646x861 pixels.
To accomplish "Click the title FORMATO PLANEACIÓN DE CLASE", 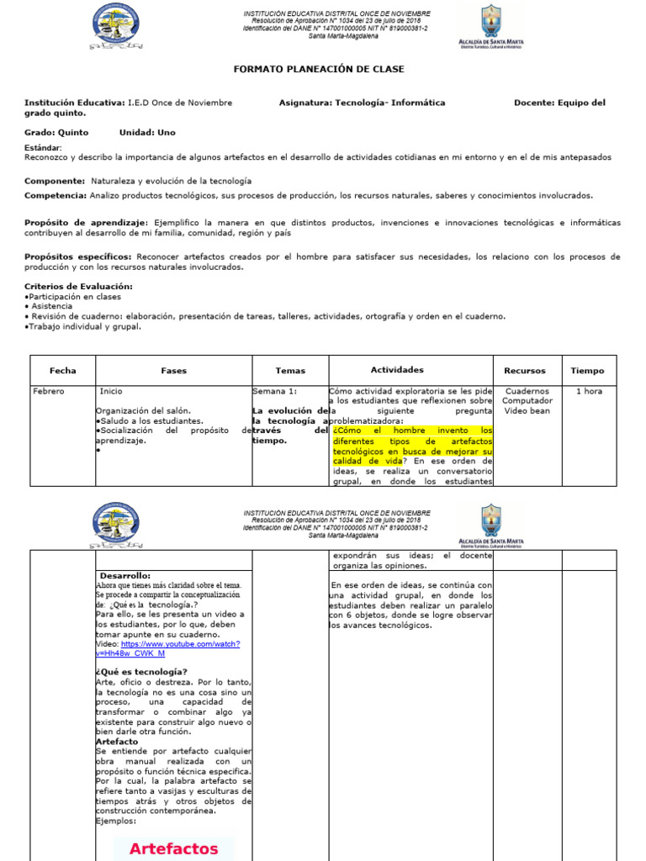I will (x=319, y=69).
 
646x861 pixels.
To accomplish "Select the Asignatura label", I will (x=305, y=103).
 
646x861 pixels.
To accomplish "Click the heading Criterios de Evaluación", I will (x=78, y=286).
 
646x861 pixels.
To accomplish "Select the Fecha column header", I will (x=62, y=370).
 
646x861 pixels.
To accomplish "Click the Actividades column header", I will (x=397, y=370).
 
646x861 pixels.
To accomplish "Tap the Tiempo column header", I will (x=587, y=370).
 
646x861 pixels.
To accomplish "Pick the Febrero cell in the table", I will (x=48, y=391).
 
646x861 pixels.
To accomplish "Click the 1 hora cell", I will (x=588, y=391).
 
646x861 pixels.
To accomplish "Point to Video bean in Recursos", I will (x=527, y=411).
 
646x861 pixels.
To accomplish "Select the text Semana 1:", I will (x=274, y=391).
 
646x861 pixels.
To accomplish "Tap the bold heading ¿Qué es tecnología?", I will (x=141, y=671).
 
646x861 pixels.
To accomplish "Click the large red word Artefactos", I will (x=173, y=848).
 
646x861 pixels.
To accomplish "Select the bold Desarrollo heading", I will (x=124, y=575).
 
